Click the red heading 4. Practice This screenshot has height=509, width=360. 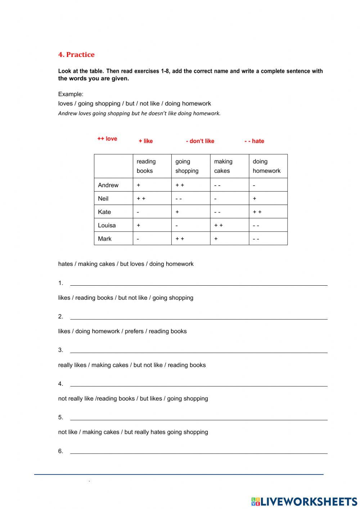pos(76,55)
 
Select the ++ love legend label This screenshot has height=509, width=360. pos(107,139)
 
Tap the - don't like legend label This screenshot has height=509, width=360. pos(200,141)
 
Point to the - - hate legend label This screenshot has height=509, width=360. pos(254,141)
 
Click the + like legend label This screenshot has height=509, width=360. pos(146,141)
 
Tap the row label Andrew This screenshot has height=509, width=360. pos(108,185)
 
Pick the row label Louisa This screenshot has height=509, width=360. pos(107,225)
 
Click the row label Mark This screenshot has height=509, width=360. pos(105,238)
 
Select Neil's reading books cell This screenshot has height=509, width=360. pos(152,198)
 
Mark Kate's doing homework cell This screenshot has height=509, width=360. pos(268,212)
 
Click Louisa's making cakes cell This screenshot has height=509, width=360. pos(229,225)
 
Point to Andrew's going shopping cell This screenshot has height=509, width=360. pos(191,185)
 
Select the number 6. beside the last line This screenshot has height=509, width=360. pos(60,451)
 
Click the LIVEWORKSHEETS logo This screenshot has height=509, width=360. pos(304,501)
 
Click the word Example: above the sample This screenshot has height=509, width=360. pos(71,94)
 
